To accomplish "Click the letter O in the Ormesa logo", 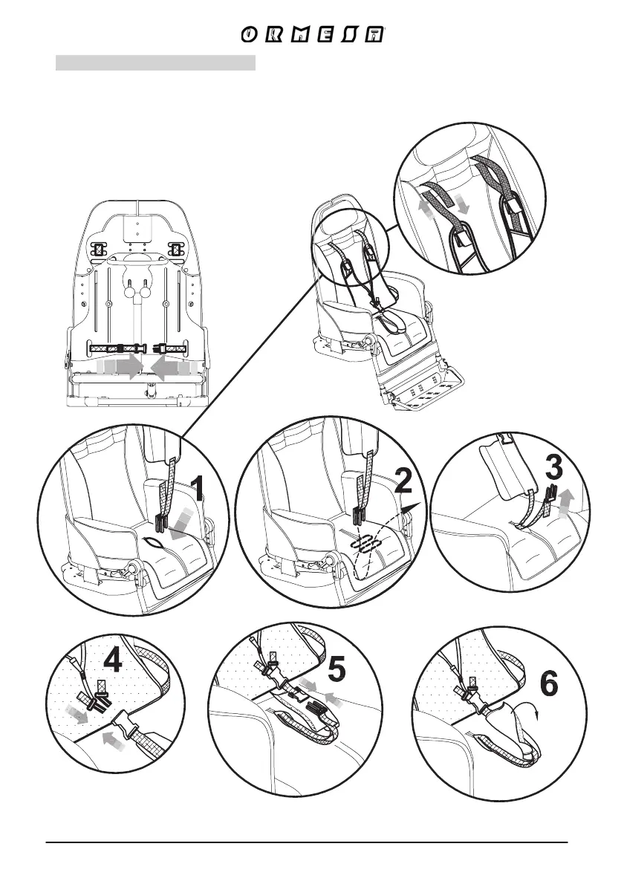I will [x=250, y=36].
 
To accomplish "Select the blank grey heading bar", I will [x=155, y=62].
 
